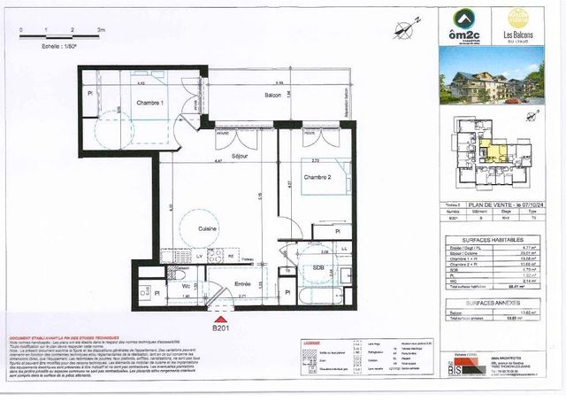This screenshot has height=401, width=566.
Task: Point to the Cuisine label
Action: (x=209, y=227)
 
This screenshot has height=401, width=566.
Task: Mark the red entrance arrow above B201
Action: (x=221, y=317)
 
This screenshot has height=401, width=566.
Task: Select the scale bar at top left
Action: (x=60, y=35)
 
